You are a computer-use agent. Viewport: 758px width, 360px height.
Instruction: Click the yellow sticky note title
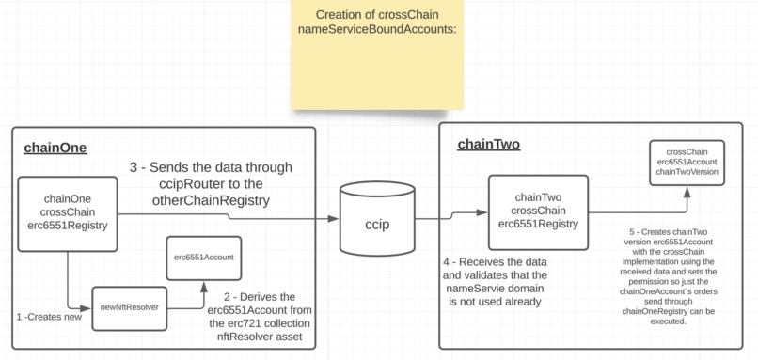pos(376,22)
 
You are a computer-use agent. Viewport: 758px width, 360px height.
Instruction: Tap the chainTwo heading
pos(488,145)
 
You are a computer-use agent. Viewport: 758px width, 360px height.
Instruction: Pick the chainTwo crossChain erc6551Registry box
pos(538,210)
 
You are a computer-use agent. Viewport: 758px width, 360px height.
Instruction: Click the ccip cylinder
pos(376,225)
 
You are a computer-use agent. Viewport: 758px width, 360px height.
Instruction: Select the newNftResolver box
pos(129,307)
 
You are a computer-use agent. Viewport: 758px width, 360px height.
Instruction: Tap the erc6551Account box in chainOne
pos(204,256)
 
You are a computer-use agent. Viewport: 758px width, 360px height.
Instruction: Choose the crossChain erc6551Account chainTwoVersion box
pos(687,161)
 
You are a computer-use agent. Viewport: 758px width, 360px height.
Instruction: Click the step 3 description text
pos(211,184)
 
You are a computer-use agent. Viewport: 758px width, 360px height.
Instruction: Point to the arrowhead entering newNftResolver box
pos(89,306)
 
